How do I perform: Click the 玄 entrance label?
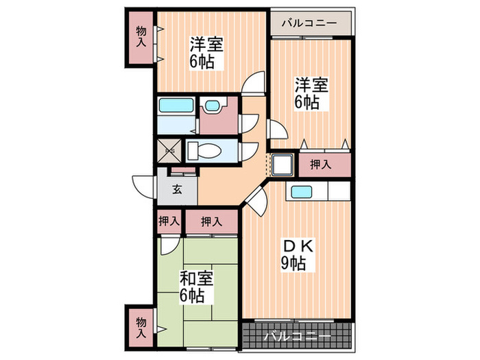tap(176, 190)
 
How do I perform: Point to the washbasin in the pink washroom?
tap(212, 107)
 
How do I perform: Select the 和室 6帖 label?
tap(196, 287)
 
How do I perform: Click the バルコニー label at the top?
tap(309, 23)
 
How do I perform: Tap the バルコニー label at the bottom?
tap(297, 336)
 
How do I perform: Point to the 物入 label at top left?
tap(141, 36)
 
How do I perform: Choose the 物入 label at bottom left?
tap(141, 326)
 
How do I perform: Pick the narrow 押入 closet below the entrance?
tap(169, 221)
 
